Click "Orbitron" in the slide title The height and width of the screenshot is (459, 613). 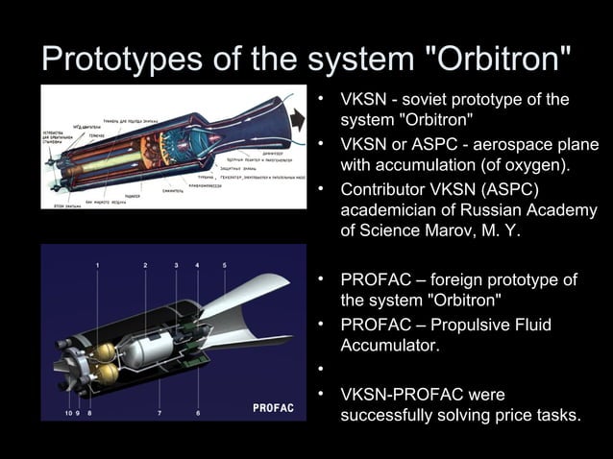tap(500, 60)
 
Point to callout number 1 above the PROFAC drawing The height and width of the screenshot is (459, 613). tap(98, 263)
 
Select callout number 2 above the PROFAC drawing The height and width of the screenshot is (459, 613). tap(145, 263)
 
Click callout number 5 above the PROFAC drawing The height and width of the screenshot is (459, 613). tap(224, 263)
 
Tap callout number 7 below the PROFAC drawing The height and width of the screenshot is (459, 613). tap(159, 413)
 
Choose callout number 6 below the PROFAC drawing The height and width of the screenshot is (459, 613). tap(198, 413)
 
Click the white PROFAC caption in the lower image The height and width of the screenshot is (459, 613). tap(272, 409)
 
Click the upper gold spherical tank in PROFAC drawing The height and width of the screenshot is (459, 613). tap(109, 349)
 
